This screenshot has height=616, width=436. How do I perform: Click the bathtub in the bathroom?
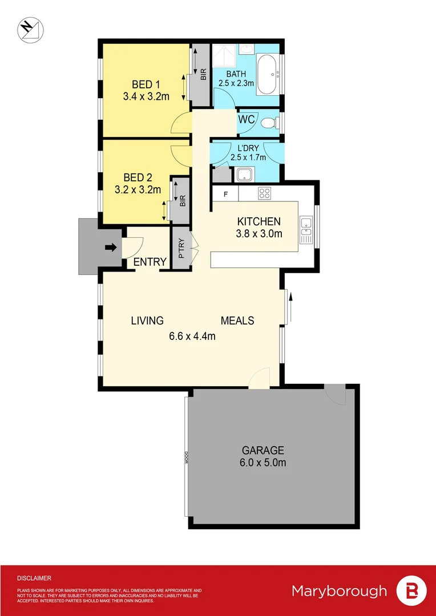click(x=267, y=75)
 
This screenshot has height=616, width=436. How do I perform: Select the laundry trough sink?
click(x=245, y=174)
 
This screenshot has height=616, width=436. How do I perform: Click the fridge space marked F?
click(x=226, y=194)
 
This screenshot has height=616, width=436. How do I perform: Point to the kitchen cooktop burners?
click(x=264, y=193)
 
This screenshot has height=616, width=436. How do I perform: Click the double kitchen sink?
click(x=306, y=226)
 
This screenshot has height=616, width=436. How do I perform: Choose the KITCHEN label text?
click(x=259, y=221)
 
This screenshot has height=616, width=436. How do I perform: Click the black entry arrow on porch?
click(x=111, y=247)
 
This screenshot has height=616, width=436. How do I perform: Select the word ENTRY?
click(x=150, y=262)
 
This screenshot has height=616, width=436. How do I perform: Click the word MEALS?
click(x=237, y=321)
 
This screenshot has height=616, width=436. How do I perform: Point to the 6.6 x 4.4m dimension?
click(x=192, y=336)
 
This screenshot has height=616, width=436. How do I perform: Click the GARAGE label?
click(x=263, y=450)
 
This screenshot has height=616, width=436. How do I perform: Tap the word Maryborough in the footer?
click(x=339, y=591)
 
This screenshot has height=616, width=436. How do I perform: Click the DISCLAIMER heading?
click(x=34, y=578)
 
